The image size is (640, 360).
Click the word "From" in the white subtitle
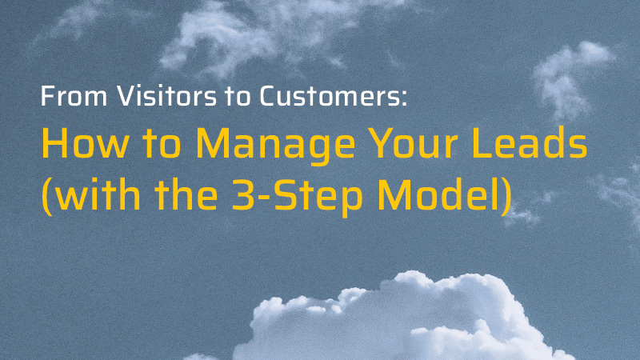(x=74, y=96)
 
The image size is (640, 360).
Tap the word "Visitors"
(x=166, y=96)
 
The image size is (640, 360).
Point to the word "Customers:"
(x=333, y=96)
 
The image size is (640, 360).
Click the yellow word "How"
(x=85, y=143)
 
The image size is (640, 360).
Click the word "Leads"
(x=530, y=142)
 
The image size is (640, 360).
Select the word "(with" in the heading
(x=91, y=194)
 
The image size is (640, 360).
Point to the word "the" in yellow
(x=186, y=194)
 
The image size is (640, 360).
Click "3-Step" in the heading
(x=297, y=197)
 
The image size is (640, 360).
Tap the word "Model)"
(x=444, y=195)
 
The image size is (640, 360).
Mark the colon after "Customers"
(x=404, y=98)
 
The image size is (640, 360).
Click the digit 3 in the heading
(x=244, y=194)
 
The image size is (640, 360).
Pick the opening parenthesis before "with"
(x=47, y=195)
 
